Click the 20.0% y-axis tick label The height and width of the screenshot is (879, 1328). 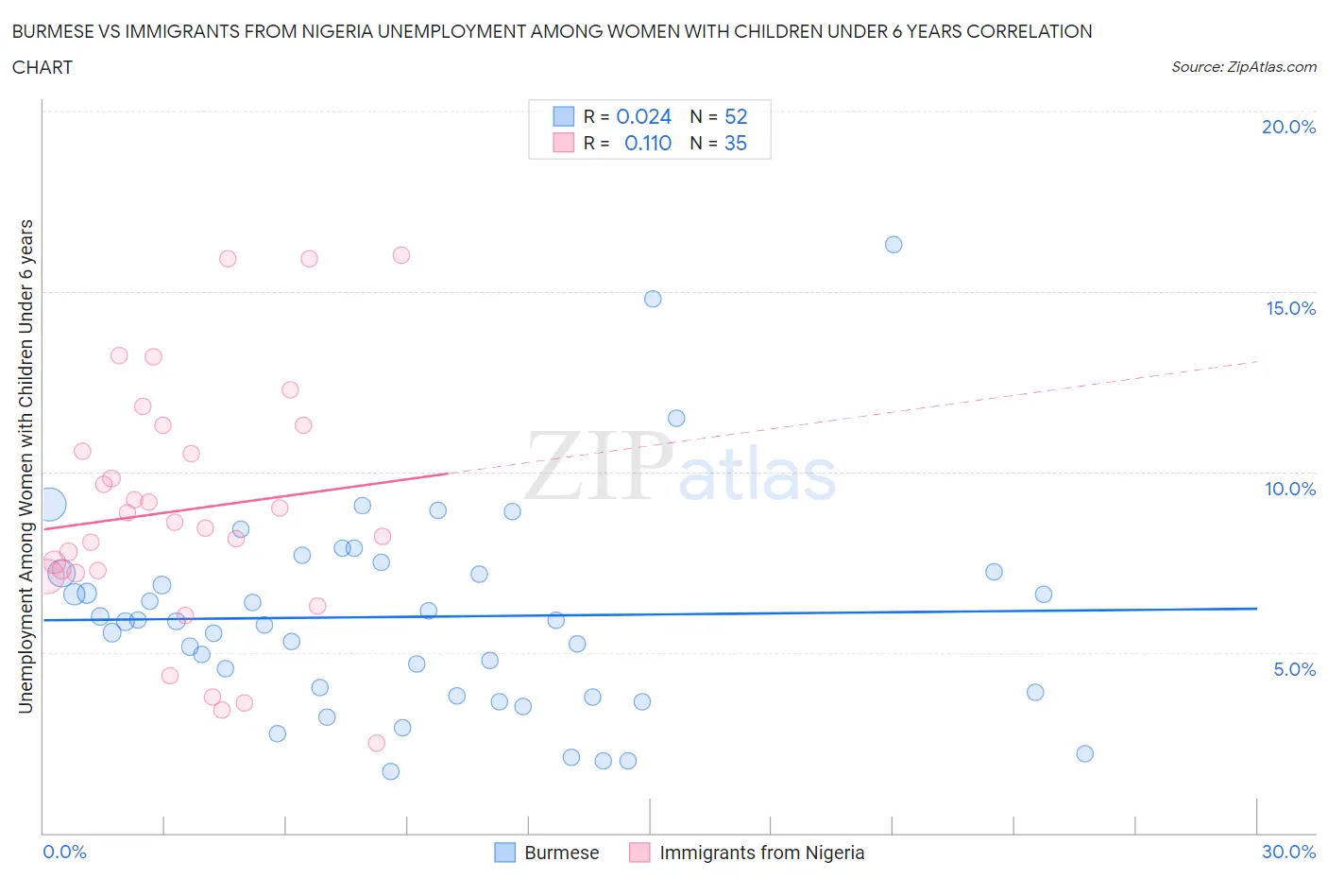pyautogui.click(x=1288, y=127)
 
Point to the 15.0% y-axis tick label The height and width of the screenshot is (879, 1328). pyautogui.click(x=1290, y=308)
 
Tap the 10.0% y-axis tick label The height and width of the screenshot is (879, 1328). pyautogui.click(x=1290, y=489)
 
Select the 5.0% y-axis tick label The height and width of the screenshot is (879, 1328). pyautogui.click(x=1294, y=669)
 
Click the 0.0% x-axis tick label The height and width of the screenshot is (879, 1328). pyautogui.click(x=64, y=852)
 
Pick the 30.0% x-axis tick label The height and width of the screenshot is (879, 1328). pyautogui.click(x=1288, y=852)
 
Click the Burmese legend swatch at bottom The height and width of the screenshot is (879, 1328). pyautogui.click(x=505, y=853)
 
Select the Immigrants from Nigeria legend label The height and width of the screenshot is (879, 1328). pyautogui.click(x=761, y=853)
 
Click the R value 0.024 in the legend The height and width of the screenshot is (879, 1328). pyautogui.click(x=643, y=116)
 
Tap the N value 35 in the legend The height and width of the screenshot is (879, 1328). pyautogui.click(x=735, y=143)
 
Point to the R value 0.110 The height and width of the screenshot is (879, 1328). pyautogui.click(x=648, y=143)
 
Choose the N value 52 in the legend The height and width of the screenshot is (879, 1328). pyautogui.click(x=736, y=116)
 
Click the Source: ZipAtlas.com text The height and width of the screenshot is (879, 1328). pyautogui.click(x=1243, y=67)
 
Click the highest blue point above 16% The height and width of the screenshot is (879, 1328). pyautogui.click(x=894, y=245)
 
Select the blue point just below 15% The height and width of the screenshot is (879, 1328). pyautogui.click(x=653, y=299)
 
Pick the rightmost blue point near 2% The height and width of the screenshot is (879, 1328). pyautogui.click(x=1085, y=753)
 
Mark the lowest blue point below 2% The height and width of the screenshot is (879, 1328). pyautogui.click(x=391, y=771)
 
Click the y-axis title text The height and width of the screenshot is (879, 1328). pyautogui.click(x=26, y=466)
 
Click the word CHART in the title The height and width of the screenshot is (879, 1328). pyautogui.click(x=43, y=67)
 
